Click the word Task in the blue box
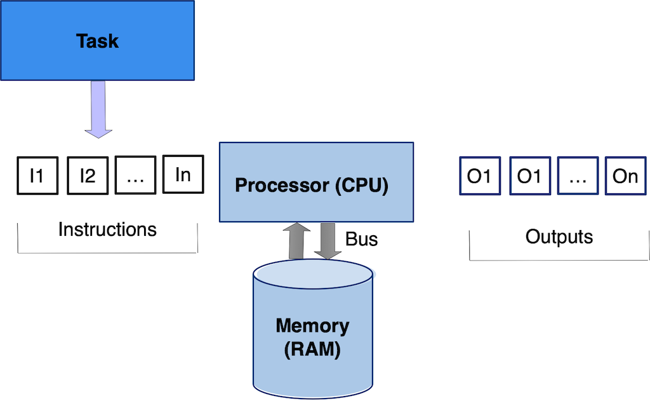97,41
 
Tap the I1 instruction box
37,175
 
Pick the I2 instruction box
88,175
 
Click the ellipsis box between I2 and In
135,175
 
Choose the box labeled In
183,174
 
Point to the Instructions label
107,229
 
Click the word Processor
274,186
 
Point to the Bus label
362,239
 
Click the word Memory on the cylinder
312,326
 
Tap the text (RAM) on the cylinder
312,349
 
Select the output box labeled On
625,175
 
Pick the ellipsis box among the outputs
578,175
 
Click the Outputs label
559,236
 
